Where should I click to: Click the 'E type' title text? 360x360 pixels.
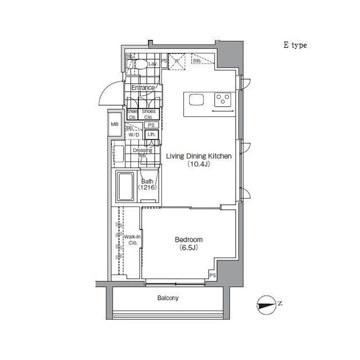295,46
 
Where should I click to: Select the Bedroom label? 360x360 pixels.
188,240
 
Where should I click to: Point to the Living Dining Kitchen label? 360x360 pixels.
198,157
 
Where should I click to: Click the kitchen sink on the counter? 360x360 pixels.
196,100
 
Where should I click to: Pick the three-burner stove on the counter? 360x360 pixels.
223,100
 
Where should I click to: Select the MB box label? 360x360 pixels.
115,124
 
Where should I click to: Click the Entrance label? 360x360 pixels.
143,88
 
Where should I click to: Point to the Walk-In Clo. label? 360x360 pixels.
132,240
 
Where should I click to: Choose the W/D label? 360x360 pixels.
133,136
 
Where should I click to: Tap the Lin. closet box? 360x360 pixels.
151,135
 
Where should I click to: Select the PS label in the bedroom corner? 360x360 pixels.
213,276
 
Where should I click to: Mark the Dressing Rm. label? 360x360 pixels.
142,152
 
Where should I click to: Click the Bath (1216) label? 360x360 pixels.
147,184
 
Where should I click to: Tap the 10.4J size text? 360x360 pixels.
198,165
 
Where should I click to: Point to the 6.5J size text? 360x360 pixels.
188,247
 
